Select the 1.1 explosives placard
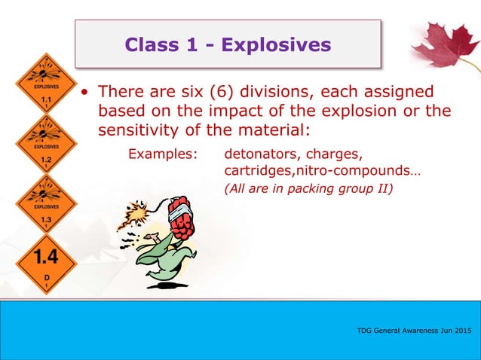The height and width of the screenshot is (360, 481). pos(46,88)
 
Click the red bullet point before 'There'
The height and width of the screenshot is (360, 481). pos(87,93)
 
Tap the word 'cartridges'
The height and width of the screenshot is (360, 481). pos(257,171)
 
